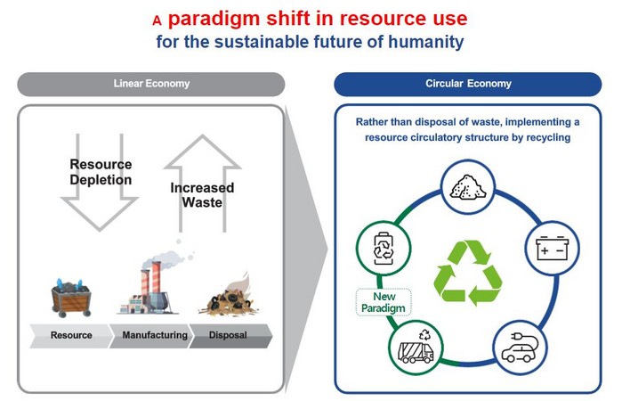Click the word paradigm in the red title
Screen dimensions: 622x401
[x=213, y=19]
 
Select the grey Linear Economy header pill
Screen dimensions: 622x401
[x=151, y=84]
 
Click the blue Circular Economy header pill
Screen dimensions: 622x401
[x=468, y=84]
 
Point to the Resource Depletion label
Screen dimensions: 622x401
[x=101, y=172]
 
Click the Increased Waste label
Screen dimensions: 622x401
[x=202, y=195]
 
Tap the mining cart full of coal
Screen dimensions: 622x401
[x=71, y=298]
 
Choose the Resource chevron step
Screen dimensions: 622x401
[x=71, y=335]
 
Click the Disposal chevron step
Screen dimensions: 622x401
[x=230, y=335]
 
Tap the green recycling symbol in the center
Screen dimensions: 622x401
[x=468, y=273]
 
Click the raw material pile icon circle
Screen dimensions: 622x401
[x=468, y=187]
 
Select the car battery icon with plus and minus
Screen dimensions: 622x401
[x=553, y=249]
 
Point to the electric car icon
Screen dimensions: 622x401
[x=520, y=348]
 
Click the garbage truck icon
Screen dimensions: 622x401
[x=416, y=348]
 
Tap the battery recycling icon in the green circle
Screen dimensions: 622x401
[x=384, y=249]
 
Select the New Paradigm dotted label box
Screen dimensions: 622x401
[x=384, y=302]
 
